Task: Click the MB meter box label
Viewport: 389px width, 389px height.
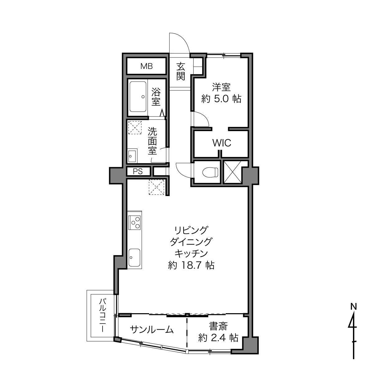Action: [x=147, y=66]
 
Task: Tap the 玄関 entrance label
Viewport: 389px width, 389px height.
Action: [x=181, y=71]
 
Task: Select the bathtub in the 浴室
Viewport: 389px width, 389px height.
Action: [x=138, y=97]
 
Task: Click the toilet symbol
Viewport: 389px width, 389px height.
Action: [x=210, y=172]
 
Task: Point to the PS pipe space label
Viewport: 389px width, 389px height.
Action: [x=138, y=172]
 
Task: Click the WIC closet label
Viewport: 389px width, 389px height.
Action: [x=222, y=143]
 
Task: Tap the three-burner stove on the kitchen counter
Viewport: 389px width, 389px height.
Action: [x=134, y=222]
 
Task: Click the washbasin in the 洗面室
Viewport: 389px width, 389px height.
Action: [x=132, y=156]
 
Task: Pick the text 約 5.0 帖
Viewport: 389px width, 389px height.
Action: [x=222, y=99]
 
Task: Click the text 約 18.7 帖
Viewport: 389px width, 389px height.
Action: [x=191, y=265]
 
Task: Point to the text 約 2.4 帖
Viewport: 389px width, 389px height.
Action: [x=218, y=337]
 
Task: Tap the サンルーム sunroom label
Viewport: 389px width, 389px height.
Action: [x=152, y=330]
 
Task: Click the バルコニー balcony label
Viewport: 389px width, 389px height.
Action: [x=103, y=316]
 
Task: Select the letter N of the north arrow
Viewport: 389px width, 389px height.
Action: [x=354, y=307]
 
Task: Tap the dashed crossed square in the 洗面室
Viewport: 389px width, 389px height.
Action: [x=135, y=128]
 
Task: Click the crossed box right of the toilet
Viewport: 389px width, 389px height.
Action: [x=232, y=172]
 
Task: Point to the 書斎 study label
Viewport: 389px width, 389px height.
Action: [x=218, y=326]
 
